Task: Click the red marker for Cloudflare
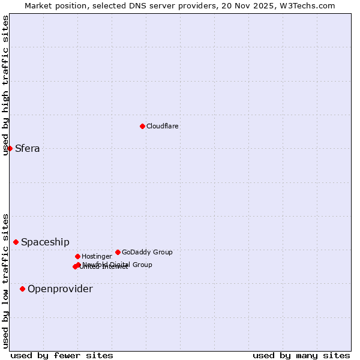[142, 126]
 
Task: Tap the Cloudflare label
[163, 126]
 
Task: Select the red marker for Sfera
[10, 148]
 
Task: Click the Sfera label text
[28, 149]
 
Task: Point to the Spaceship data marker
[16, 242]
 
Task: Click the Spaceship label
[45, 242]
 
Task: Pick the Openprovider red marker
[22, 289]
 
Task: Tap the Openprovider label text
[60, 289]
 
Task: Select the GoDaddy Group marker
[118, 252]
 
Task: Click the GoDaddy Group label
[147, 252]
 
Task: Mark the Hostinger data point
[77, 256]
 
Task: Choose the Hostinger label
[97, 257]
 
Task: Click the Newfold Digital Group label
[118, 265]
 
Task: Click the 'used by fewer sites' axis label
[62, 355]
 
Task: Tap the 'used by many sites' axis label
[301, 355]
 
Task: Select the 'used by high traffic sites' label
[5, 85]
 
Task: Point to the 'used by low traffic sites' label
[5, 281]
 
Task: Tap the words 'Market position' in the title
[53, 5]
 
